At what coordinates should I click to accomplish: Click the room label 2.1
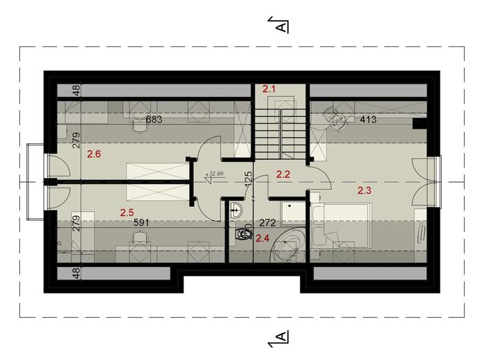[x=269, y=89]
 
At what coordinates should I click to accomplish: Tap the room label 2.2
[x=283, y=174]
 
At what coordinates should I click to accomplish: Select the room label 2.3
[x=364, y=189]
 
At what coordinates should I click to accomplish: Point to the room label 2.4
[x=263, y=238]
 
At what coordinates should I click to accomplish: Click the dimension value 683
[x=154, y=120]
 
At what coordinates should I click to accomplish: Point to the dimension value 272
[x=268, y=223]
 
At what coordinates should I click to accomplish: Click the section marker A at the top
[x=281, y=26]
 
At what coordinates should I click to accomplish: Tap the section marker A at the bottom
[x=281, y=337]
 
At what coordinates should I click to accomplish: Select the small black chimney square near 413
[x=418, y=124]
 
